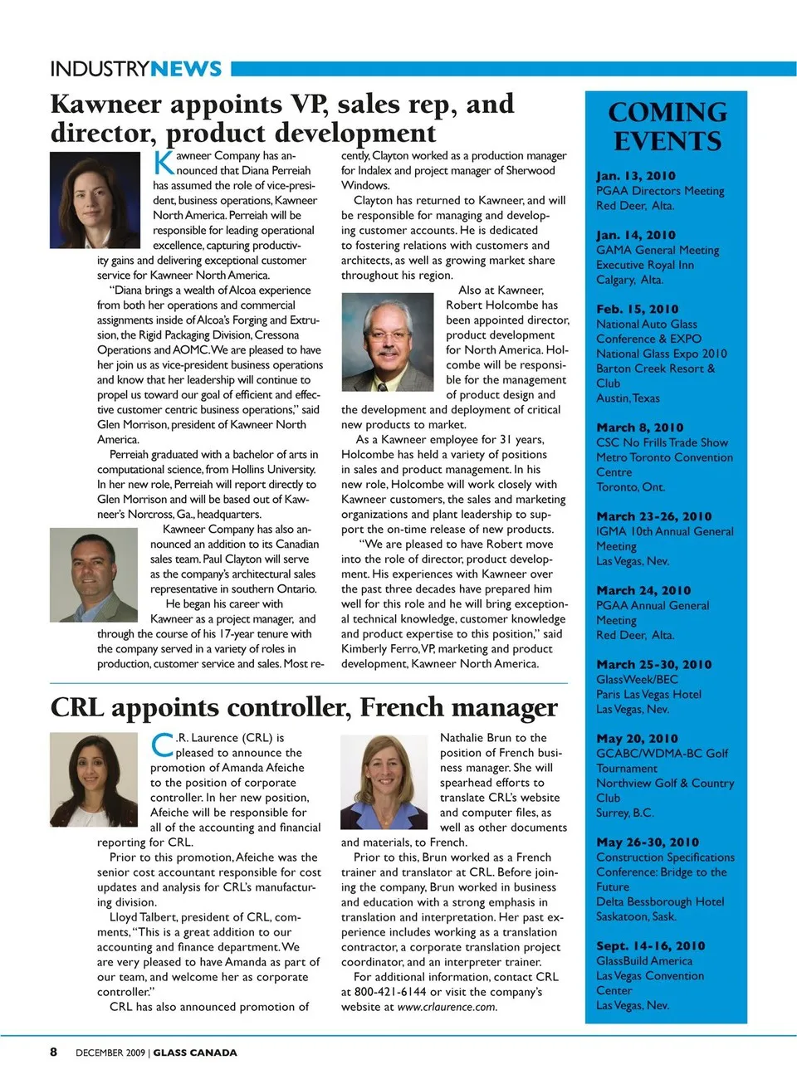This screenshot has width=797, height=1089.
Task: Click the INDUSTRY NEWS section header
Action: (x=136, y=69)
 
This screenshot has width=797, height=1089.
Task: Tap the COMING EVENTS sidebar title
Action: (x=667, y=126)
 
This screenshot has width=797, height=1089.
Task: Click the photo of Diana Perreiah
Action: (x=83, y=194)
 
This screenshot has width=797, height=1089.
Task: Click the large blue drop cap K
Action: (x=164, y=162)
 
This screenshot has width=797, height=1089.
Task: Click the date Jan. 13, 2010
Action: (x=635, y=176)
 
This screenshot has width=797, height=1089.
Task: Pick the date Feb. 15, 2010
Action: (x=637, y=309)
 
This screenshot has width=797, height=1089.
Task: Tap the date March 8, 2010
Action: (x=639, y=427)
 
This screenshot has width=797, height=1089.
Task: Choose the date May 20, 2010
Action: (x=637, y=739)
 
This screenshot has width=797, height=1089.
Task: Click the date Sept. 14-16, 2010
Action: (x=650, y=946)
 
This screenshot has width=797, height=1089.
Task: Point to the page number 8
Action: (x=54, y=1052)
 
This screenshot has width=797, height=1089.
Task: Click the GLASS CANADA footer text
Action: (x=195, y=1052)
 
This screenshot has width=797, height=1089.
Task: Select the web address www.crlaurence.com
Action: (x=447, y=1007)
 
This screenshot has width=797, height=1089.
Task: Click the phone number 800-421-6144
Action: (x=390, y=992)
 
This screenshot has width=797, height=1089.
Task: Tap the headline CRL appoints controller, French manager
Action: (x=304, y=707)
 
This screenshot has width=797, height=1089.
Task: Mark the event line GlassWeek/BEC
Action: (x=637, y=680)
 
